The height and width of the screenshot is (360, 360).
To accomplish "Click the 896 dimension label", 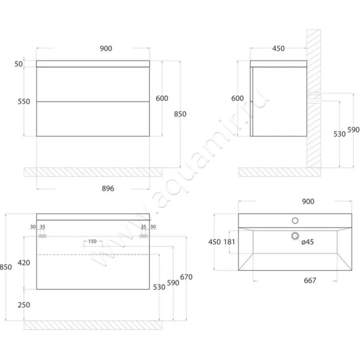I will pyautogui.click(x=108, y=189).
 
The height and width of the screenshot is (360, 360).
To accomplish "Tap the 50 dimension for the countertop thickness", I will pyautogui.click(x=18, y=64).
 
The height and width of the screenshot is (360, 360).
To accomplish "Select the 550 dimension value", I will pyautogui.click(x=23, y=102).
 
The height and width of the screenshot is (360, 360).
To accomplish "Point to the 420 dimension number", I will pyautogui.click(x=23, y=262).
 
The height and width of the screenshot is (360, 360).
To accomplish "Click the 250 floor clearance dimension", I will pyautogui.click(x=23, y=305).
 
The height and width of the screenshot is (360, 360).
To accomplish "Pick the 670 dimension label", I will pyautogui.click(x=186, y=277).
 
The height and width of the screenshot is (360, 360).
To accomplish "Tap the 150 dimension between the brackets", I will pyautogui.click(x=92, y=242).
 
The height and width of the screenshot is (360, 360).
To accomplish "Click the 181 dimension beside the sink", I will pyautogui.click(x=229, y=242).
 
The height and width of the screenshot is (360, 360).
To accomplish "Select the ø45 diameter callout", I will pyautogui.click(x=307, y=242).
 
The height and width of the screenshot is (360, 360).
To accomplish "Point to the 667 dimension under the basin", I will pyautogui.click(x=310, y=280).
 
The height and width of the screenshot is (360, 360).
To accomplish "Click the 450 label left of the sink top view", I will pyautogui.click(x=214, y=242).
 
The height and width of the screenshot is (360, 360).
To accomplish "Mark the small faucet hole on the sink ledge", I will pyautogui.click(x=295, y=220).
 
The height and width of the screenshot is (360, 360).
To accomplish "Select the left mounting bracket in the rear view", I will pyautogui.click(x=43, y=235).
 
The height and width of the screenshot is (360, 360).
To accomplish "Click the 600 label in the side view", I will pyautogui.click(x=238, y=99).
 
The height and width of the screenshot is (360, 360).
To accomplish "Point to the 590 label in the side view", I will pyautogui.click(x=354, y=130).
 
